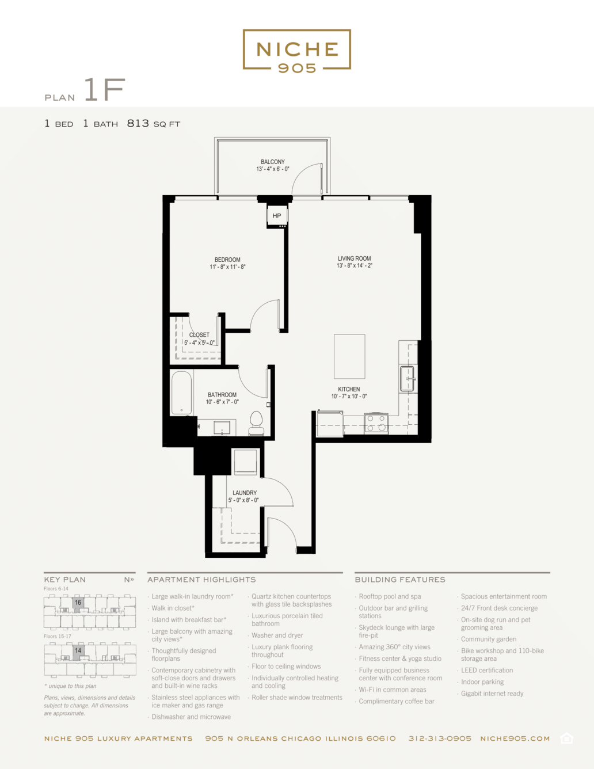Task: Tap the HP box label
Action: [x=277, y=215]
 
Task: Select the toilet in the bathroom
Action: [x=256, y=423]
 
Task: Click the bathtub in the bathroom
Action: [x=181, y=393]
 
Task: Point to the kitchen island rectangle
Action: [x=349, y=356]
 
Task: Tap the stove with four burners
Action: [x=376, y=423]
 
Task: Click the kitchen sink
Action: [x=407, y=379]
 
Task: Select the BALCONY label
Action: [x=273, y=162]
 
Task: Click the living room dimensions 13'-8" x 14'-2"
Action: [x=355, y=265]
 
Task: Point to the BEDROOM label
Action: [x=227, y=260]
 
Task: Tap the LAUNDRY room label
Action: [x=245, y=493]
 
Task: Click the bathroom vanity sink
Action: [x=222, y=428]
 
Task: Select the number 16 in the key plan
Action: [x=78, y=602]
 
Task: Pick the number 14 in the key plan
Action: [x=78, y=650]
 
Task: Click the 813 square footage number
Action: [x=138, y=123]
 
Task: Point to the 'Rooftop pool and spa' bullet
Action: [x=390, y=596]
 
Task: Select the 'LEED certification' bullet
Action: [x=487, y=670]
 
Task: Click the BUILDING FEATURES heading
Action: [x=400, y=579]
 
